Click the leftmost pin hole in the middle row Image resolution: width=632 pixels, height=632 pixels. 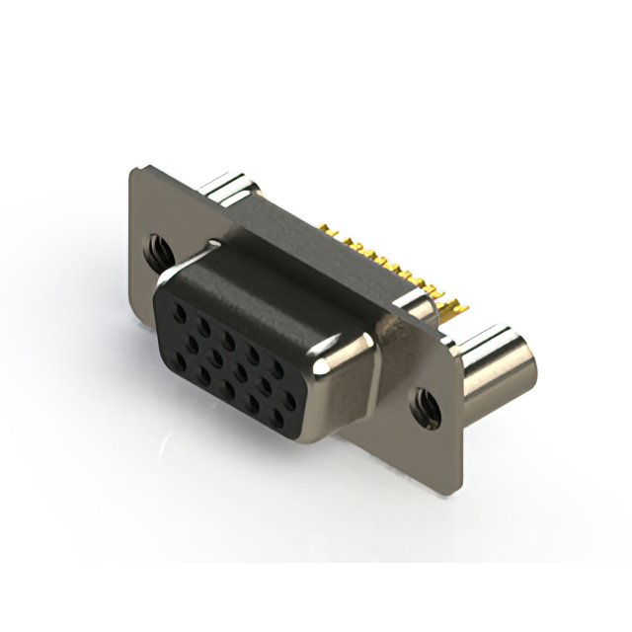(x=191, y=346)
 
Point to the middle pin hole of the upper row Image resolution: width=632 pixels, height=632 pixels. (x=229, y=342)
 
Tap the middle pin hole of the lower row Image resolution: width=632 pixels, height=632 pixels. (x=229, y=390)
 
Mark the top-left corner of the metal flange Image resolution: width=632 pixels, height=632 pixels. (x=132, y=170)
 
